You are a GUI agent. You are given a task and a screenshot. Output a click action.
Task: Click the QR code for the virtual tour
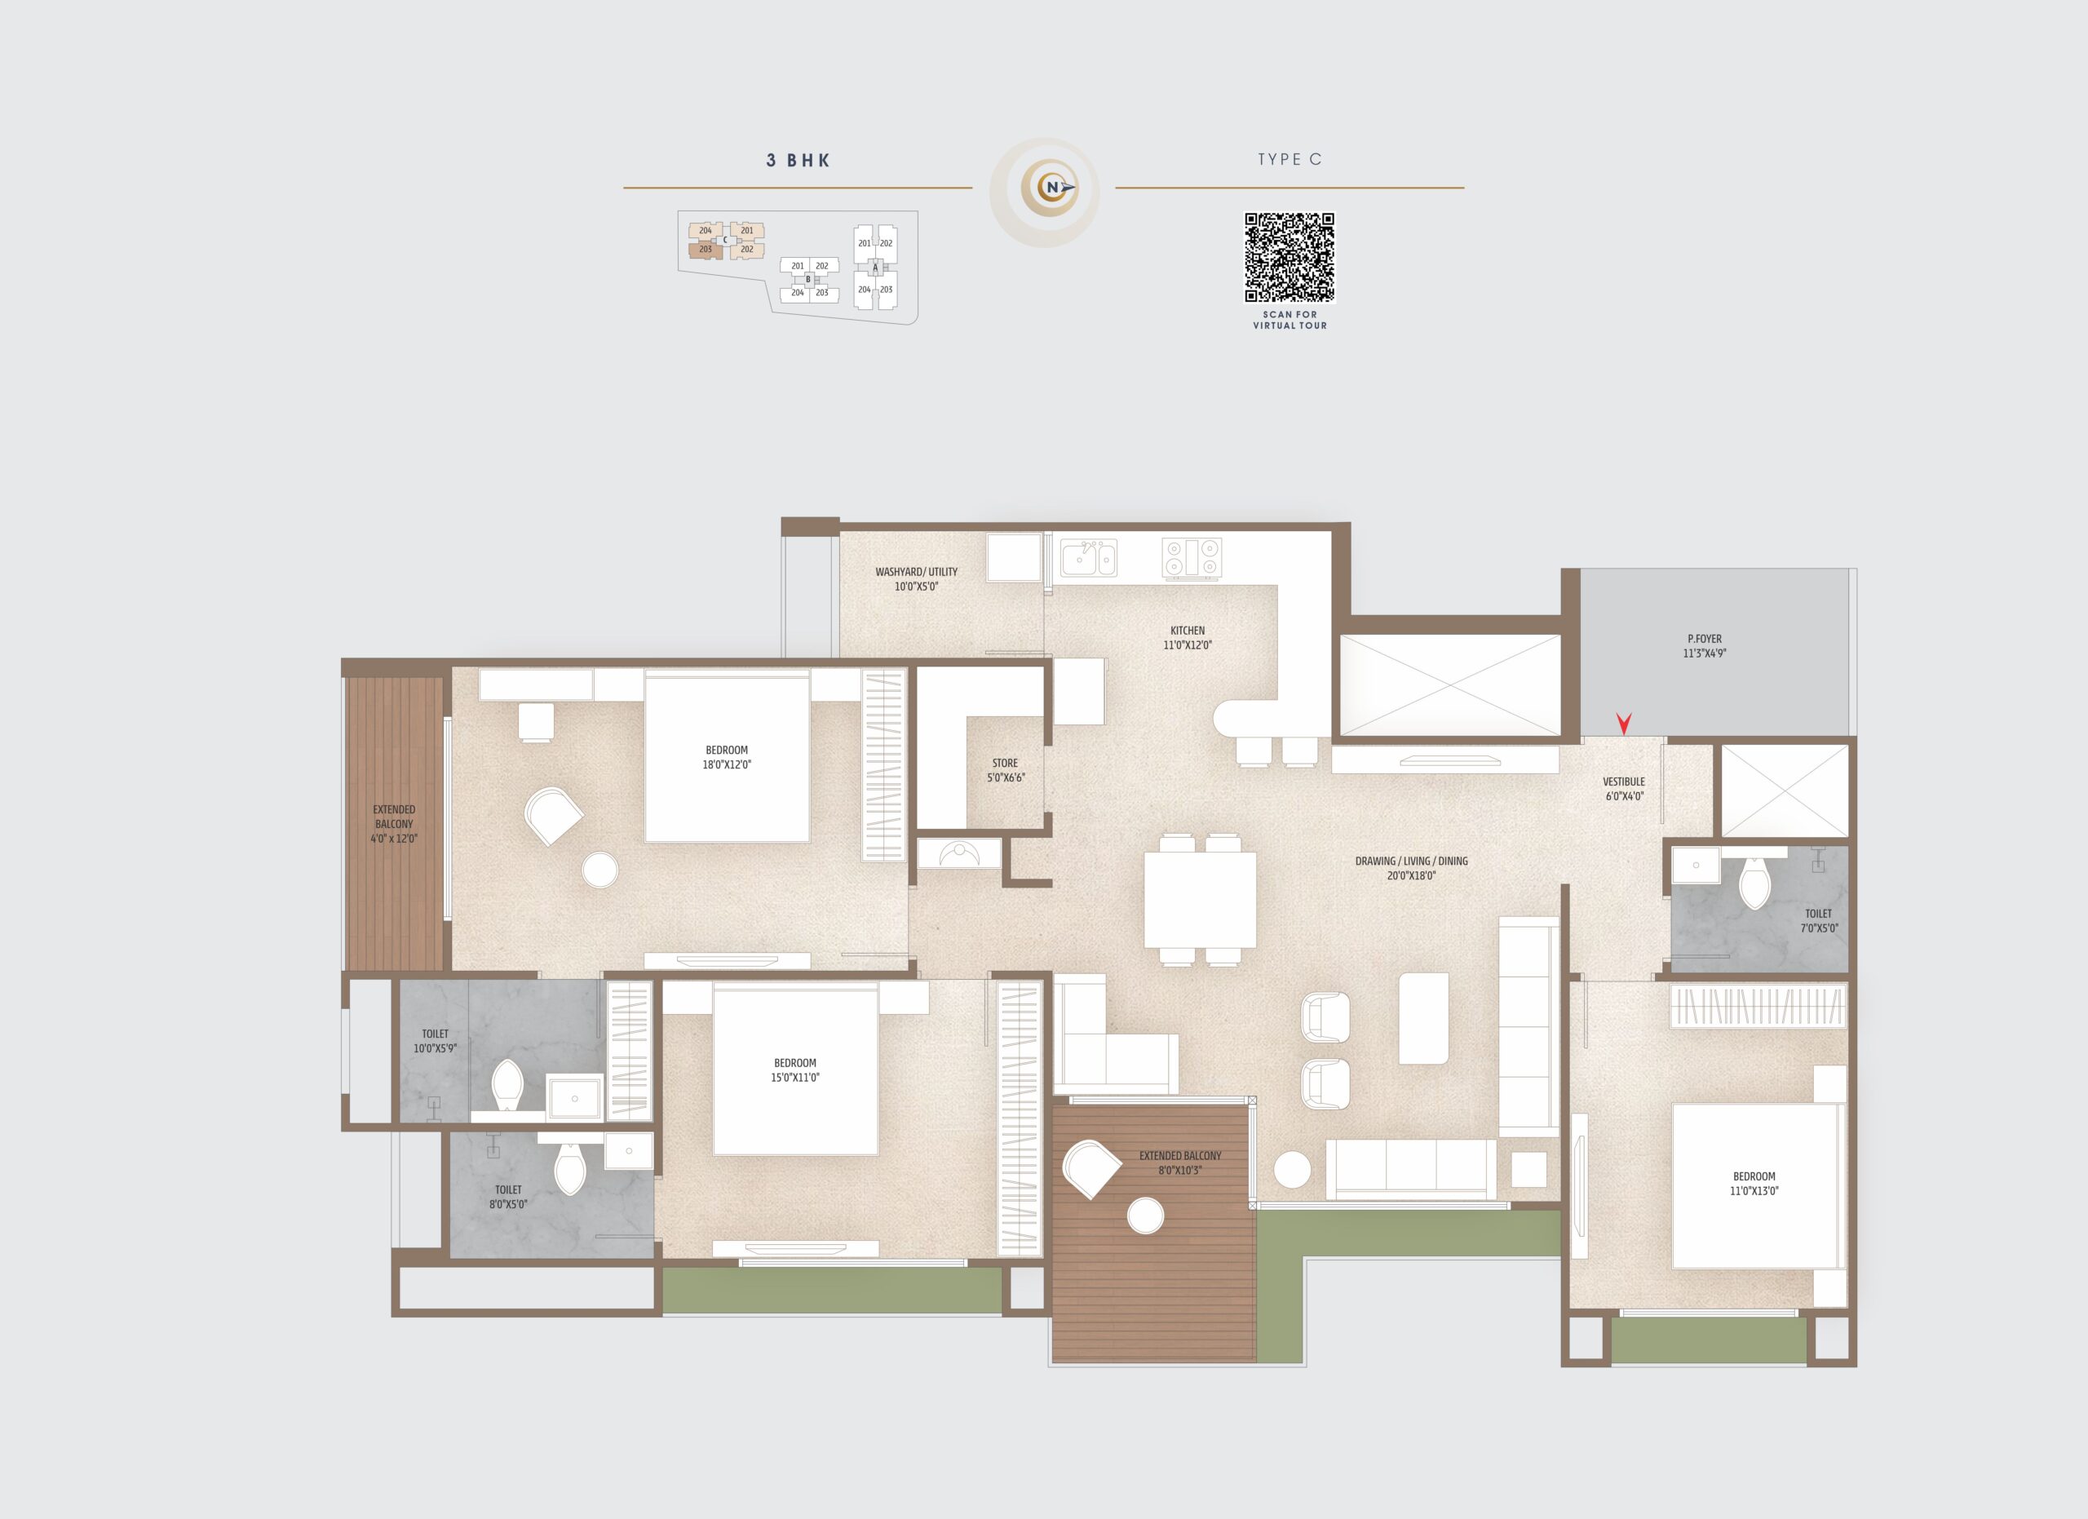[x=1289, y=258]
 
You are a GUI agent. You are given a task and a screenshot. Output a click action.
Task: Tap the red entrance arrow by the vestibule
[x=1624, y=724]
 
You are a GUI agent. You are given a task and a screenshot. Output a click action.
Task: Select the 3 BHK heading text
[x=798, y=160]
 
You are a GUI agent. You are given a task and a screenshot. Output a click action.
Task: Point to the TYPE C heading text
[x=1290, y=159]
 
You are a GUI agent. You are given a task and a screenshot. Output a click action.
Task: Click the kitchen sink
[x=1088, y=558]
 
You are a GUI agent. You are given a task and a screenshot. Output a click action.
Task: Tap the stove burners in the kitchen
[x=1192, y=559]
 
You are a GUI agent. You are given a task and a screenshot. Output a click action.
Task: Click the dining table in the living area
[x=1200, y=900]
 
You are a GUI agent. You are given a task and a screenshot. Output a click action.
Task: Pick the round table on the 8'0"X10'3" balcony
[x=1145, y=1216]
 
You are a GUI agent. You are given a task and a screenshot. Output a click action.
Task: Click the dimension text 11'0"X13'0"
[x=1754, y=1190]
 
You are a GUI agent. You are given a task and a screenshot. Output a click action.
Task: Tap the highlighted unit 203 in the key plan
[x=706, y=250]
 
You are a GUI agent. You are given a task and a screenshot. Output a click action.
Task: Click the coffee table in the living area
[x=1423, y=1018]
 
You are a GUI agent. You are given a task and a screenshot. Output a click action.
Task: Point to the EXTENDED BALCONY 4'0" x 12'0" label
[x=394, y=824]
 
